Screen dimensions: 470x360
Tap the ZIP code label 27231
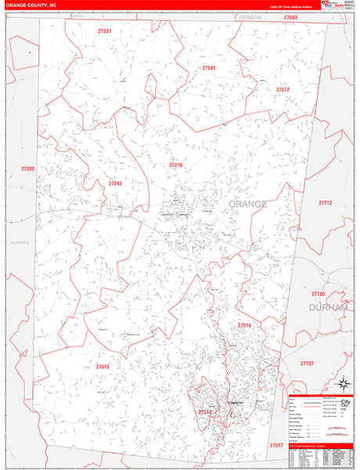click(x=105, y=31)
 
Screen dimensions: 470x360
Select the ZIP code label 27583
click(x=291, y=17)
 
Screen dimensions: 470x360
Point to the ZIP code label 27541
click(x=209, y=68)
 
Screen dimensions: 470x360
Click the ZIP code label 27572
click(x=283, y=90)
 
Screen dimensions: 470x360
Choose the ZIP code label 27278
click(x=175, y=165)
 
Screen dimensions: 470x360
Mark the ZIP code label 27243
click(x=115, y=183)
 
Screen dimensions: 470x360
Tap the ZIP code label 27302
click(x=28, y=169)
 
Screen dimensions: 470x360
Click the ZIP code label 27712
click(x=325, y=203)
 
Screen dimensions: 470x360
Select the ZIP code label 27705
click(x=318, y=294)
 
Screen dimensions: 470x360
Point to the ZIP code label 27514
click(x=244, y=325)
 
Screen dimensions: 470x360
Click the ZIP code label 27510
click(x=204, y=412)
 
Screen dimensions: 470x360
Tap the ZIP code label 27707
click(x=307, y=363)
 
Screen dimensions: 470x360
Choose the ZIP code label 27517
click(x=275, y=445)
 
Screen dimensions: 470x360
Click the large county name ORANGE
click(x=247, y=204)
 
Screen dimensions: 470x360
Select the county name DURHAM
click(x=328, y=309)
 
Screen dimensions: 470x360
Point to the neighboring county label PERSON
click(x=250, y=17)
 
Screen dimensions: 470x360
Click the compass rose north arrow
click(x=341, y=384)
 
